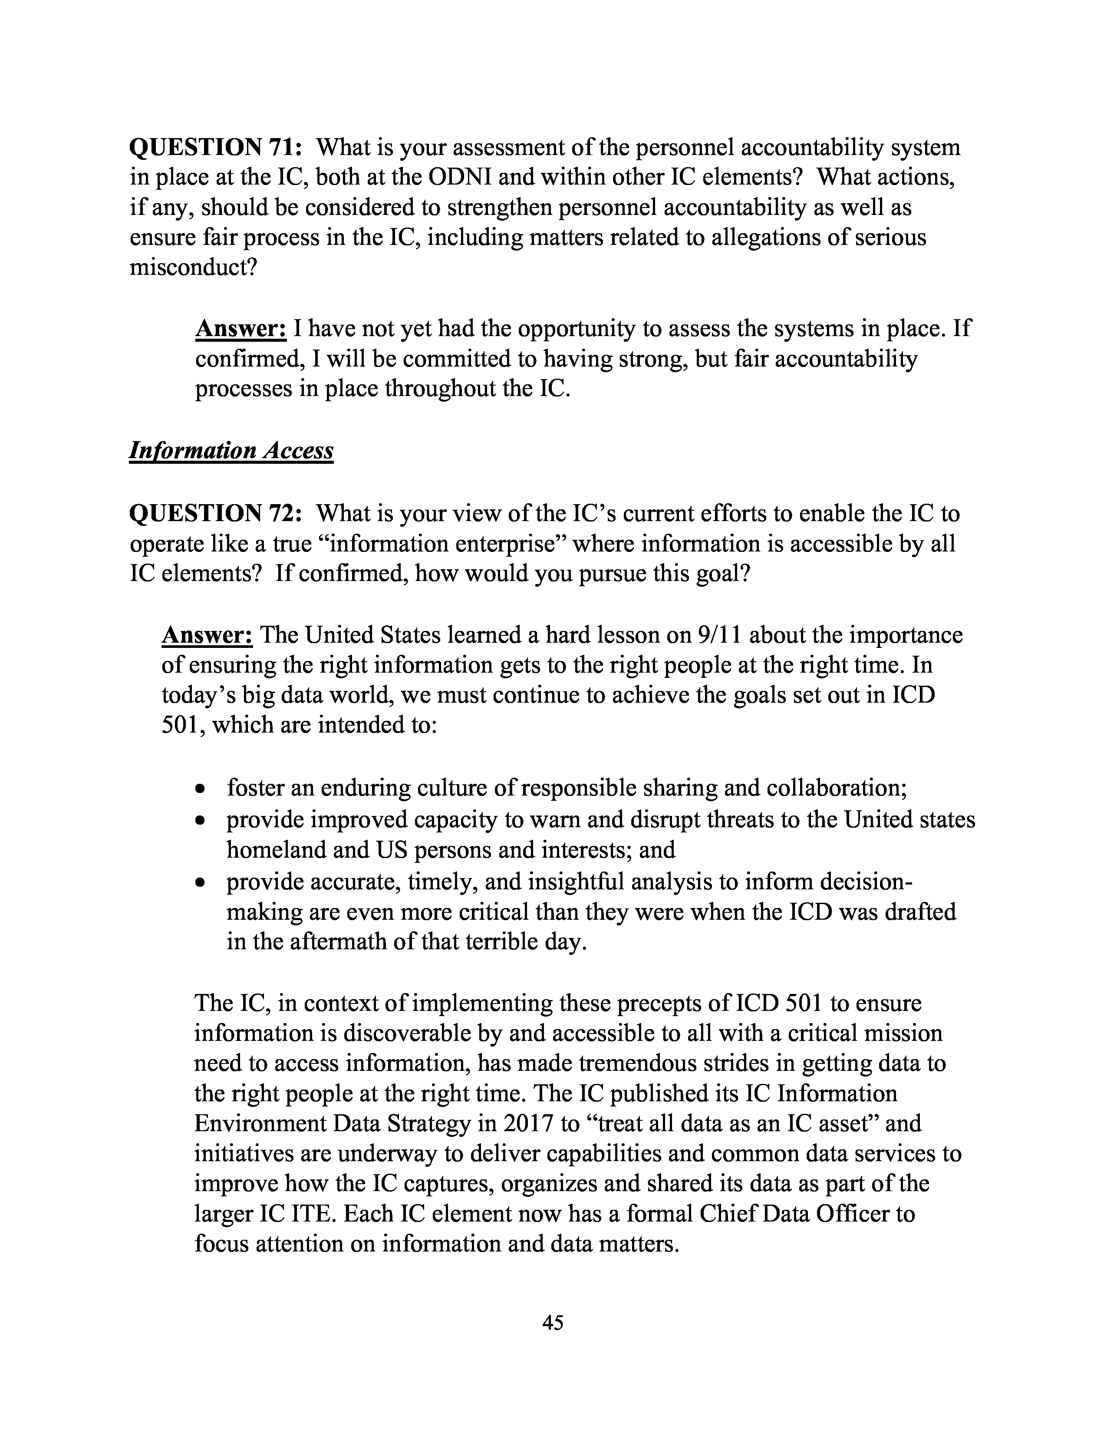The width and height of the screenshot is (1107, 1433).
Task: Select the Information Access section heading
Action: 231,450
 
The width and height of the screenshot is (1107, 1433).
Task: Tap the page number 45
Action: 553,1322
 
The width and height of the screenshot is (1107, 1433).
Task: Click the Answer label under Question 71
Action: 241,328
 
